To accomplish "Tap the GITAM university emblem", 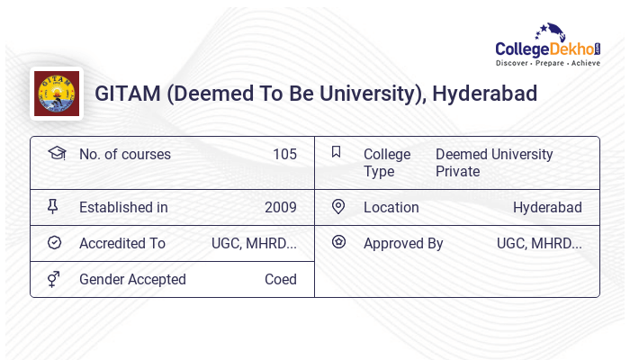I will (x=56, y=94).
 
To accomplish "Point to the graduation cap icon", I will (x=56, y=153).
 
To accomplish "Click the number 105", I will (x=284, y=154).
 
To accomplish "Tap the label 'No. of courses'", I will (x=124, y=154).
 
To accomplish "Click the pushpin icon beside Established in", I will (x=53, y=207).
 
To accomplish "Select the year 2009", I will (x=280, y=207).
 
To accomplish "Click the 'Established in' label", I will (x=123, y=207).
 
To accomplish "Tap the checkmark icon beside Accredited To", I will (x=54, y=243).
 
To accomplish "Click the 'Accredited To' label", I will (x=122, y=243).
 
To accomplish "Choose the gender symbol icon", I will (x=54, y=279).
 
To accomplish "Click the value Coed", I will (x=280, y=279).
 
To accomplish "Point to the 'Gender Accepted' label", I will (x=132, y=279).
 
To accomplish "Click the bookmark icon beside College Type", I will (x=336, y=152).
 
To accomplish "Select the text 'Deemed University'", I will (x=494, y=154).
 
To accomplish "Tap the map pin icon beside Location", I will (x=338, y=207).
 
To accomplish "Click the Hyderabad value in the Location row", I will (x=547, y=207).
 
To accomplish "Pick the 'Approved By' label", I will (x=403, y=243).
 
